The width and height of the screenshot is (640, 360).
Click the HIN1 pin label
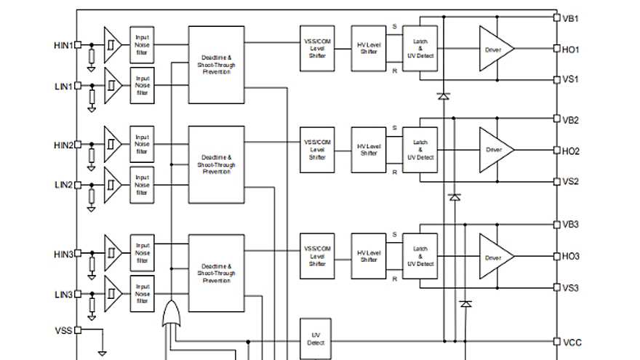63,45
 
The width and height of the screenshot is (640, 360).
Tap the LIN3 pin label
63,295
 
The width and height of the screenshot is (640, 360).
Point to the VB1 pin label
570,17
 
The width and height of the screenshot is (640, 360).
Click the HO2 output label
571,151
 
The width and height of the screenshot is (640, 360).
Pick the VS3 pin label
570,288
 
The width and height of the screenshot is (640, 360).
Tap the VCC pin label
572,342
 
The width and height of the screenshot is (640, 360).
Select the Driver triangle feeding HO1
495,49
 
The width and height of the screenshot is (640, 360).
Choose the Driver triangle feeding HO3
495,257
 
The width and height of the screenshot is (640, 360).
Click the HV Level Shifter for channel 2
369,150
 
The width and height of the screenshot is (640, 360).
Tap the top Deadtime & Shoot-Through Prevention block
216,65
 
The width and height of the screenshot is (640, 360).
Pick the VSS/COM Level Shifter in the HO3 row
317,256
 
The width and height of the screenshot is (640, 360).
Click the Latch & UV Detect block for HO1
420,48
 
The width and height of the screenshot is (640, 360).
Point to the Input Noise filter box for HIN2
142,144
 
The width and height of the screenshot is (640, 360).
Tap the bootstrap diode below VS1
443,95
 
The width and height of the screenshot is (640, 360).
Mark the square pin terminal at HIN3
78,254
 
